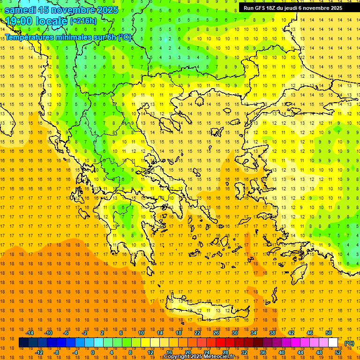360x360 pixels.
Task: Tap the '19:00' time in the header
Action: tap(20, 21)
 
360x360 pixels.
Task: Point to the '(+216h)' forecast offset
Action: tap(83, 21)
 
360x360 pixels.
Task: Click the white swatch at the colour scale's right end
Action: tap(333, 343)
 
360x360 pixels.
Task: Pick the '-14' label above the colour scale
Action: tap(30, 333)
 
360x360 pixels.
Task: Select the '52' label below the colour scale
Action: tap(337, 352)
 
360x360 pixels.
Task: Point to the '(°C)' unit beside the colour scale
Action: tap(349, 343)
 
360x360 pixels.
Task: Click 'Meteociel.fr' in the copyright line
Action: tap(218, 357)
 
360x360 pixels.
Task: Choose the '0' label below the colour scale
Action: tap(93, 352)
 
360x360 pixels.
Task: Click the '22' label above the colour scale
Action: tap(197, 333)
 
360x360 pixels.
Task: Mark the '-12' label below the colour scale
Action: tap(39, 352)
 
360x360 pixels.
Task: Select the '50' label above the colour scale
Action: tap(328, 333)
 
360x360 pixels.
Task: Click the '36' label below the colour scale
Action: tap(262, 352)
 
